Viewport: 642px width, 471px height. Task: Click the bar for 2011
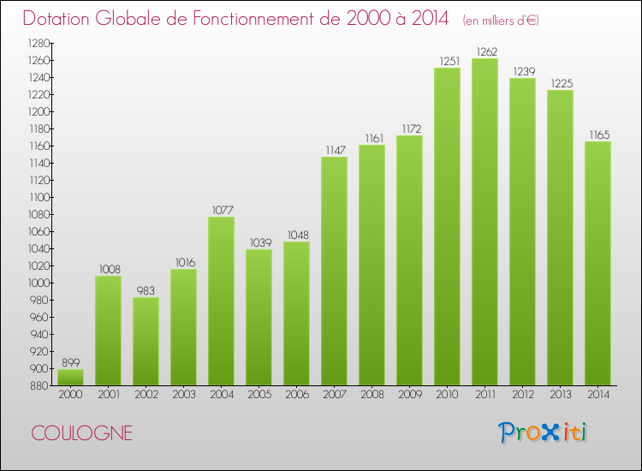pos(484,222)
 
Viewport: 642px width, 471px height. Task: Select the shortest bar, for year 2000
pos(70,377)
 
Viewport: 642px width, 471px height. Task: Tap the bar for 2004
pos(221,301)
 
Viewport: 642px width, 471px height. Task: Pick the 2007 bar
pos(334,271)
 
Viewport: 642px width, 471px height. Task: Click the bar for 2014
pos(597,264)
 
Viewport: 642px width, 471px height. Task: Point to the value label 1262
pos(487,51)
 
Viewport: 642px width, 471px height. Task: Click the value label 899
pos(71,362)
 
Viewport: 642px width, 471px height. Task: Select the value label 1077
pos(223,210)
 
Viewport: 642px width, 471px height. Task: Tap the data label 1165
pos(599,134)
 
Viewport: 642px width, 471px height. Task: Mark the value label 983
pos(146,291)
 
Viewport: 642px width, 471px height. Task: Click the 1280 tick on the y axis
pos(39,43)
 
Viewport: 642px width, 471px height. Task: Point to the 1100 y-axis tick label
pos(39,198)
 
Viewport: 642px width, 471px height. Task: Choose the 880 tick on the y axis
pos(39,386)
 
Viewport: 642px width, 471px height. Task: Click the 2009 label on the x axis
pos(410,395)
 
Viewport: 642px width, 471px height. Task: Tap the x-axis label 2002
pos(146,395)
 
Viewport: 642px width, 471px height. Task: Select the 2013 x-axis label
pos(561,395)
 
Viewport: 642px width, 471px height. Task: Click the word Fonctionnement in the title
pos(266,19)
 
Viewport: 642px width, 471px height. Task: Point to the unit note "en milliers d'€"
pos(501,21)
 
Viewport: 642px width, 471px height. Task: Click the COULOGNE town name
pos(82,433)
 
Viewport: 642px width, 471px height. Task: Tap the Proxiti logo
pos(543,432)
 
